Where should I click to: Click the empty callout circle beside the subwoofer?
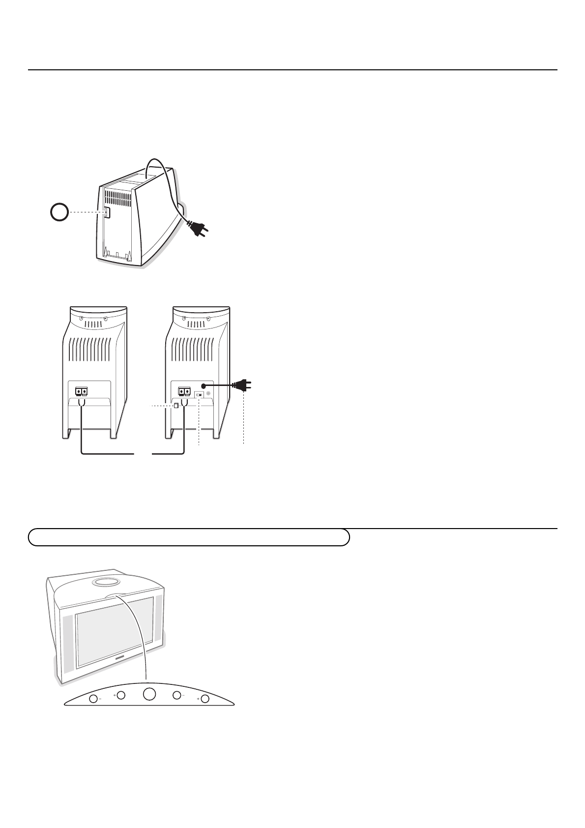tap(59, 213)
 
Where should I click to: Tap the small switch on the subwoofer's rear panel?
tap(107, 212)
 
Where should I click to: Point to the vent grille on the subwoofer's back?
tap(117, 198)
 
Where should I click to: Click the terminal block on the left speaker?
tap(82, 391)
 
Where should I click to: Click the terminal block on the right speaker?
tap(184, 391)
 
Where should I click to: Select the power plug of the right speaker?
tap(244, 386)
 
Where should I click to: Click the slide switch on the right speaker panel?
tap(199, 394)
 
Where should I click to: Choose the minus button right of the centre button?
tap(176, 695)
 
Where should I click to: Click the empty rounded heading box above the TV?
tap(189, 537)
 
